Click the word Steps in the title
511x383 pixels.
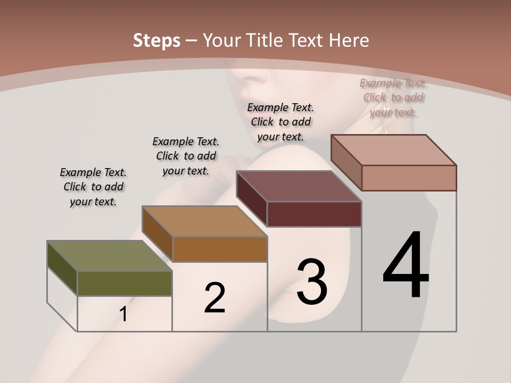[156, 40]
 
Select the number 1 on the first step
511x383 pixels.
[123, 314]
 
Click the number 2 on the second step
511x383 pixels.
[215, 298]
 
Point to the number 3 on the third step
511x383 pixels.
[312, 281]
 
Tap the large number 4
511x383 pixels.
[406, 264]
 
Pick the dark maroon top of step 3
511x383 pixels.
[299, 186]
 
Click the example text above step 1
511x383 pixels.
[93, 187]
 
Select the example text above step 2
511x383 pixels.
[186, 156]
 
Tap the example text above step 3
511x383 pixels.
[281, 122]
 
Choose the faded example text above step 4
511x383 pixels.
[393, 97]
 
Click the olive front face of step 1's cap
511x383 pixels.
[125, 283]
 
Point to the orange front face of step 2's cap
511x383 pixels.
[219, 249]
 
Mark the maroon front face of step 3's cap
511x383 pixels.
[314, 214]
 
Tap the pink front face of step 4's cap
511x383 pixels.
[409, 178]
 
